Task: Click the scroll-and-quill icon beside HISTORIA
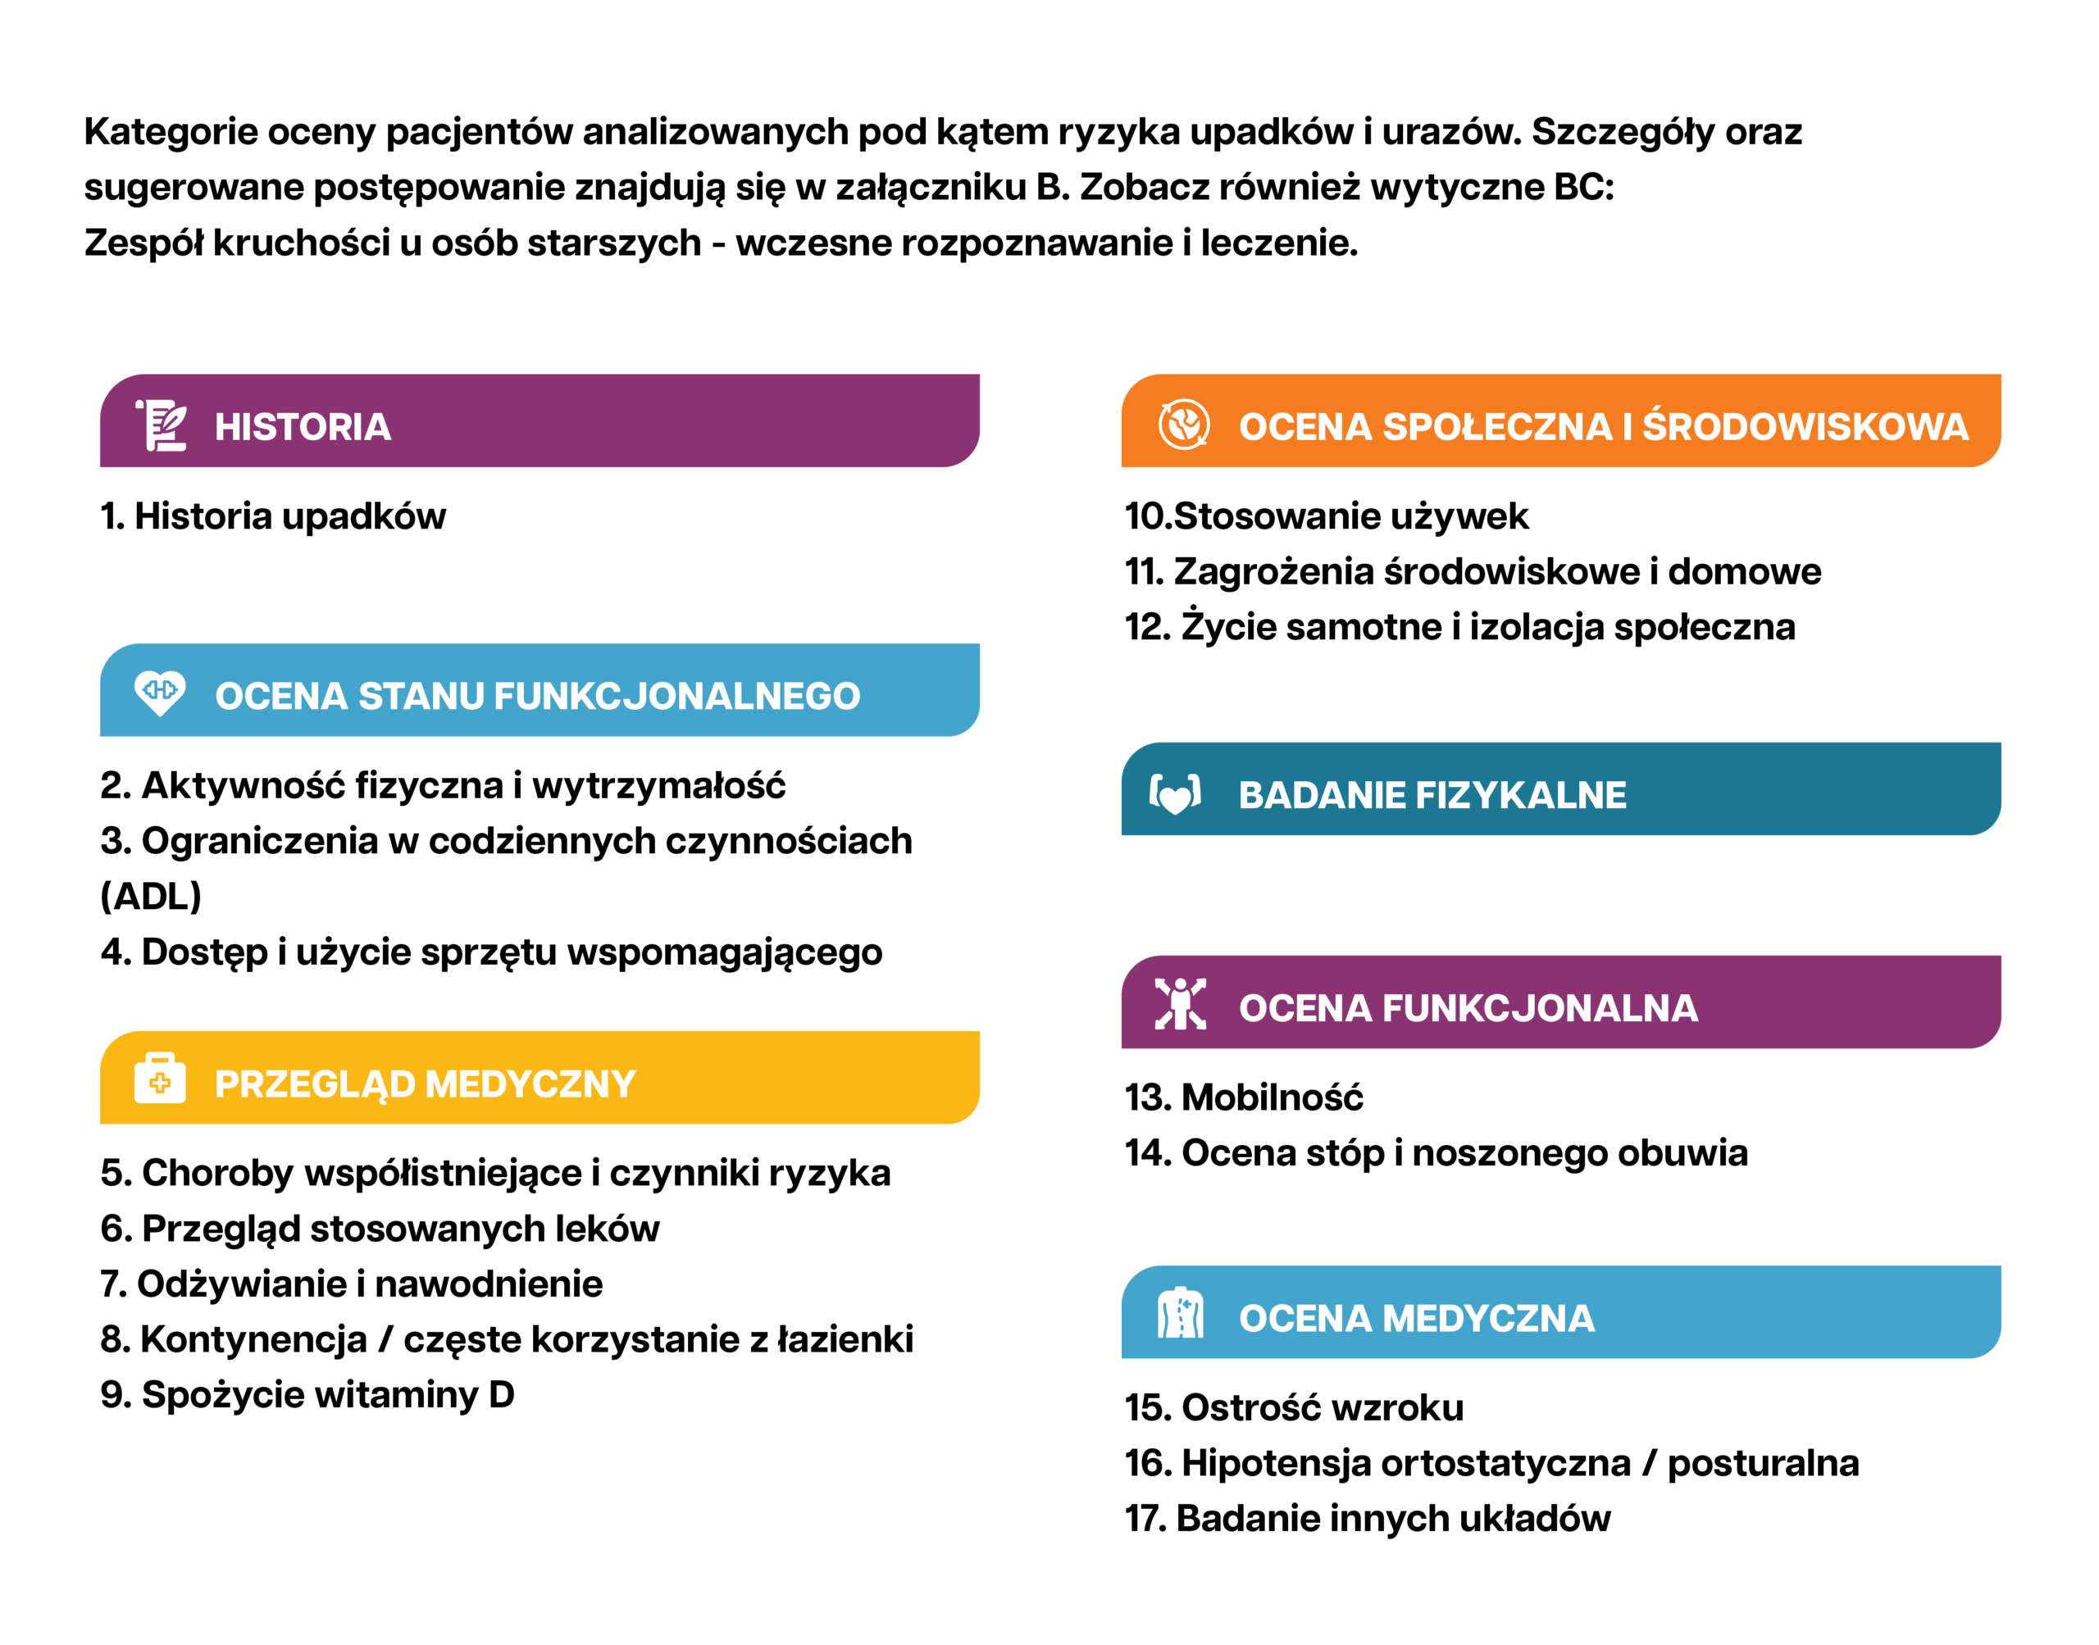pos(161,425)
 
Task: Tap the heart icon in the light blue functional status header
pos(160,692)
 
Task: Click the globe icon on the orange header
pos(1183,424)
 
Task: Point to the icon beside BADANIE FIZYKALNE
pos(1175,794)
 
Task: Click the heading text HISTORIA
pos(303,427)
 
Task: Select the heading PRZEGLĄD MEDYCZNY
pos(425,1084)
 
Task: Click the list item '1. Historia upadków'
pos(274,516)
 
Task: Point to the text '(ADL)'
pos(151,897)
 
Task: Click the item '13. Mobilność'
pos(1244,1098)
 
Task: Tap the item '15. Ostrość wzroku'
pos(1294,1408)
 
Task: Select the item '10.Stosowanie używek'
pos(1327,516)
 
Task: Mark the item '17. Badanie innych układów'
pos(1367,1519)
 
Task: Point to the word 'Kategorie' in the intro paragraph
pos(171,132)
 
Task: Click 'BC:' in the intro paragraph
pos(1583,187)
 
